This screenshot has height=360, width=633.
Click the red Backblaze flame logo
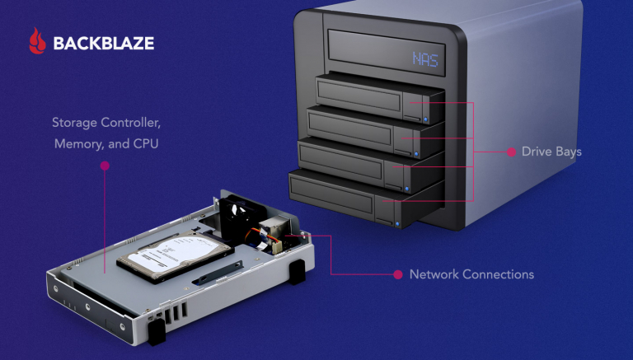pos(36,41)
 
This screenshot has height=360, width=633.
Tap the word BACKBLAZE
pos(103,42)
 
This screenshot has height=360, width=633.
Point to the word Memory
pos(76,143)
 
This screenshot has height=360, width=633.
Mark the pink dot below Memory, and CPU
pos(105,166)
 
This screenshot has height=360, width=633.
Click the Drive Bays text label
pos(551,152)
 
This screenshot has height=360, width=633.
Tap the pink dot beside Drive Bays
pos(512,152)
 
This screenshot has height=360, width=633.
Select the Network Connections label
pos(471,274)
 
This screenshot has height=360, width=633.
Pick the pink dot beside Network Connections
pos(398,274)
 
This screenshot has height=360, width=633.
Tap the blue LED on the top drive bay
pos(425,119)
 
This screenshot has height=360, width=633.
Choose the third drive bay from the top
pos(350,157)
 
